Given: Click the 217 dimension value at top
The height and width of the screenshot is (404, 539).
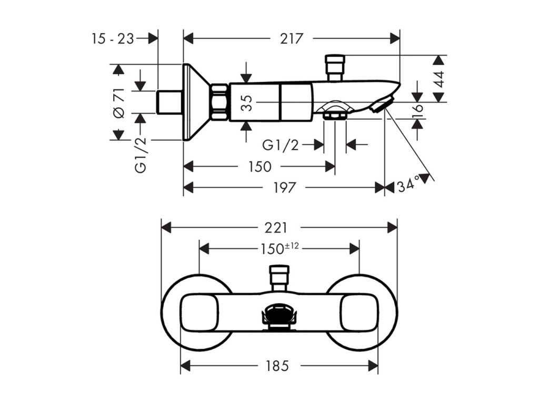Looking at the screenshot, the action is (x=291, y=38).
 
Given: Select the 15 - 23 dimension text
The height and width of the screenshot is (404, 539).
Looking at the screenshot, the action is (x=113, y=38).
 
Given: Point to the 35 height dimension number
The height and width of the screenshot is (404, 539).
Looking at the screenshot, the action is (x=247, y=103).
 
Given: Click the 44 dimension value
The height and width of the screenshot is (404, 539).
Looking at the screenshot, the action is (x=439, y=79).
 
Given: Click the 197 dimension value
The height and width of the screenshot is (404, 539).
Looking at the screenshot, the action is (x=285, y=188).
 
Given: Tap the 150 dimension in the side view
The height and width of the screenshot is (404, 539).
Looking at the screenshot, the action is (x=260, y=167).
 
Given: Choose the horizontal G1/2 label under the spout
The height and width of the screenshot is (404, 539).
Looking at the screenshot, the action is (x=281, y=145).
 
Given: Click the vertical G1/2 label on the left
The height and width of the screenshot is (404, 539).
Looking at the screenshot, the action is (x=141, y=155).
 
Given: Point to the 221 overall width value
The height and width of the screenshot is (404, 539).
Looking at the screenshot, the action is (x=276, y=228).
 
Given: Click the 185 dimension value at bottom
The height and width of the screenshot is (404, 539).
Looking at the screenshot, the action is (x=277, y=366).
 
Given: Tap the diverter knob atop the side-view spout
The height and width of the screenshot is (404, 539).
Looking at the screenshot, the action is (x=335, y=67).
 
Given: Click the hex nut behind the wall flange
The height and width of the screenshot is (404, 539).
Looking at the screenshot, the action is (x=219, y=102).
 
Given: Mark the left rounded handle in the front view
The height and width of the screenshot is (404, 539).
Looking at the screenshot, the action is (x=199, y=313).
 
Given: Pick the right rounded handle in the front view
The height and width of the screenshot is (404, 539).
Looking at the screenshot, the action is (x=359, y=313).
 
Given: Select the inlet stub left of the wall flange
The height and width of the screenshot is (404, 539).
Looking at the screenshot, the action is (x=169, y=102).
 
